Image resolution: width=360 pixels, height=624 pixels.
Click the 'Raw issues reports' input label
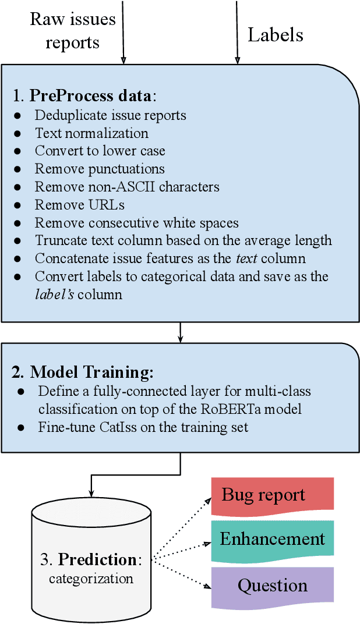[x=72, y=31]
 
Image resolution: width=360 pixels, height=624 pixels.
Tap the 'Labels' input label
[x=275, y=35]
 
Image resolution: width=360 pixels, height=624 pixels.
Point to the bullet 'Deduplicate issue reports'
[x=110, y=115]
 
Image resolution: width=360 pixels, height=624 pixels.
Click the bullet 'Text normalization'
[x=91, y=133]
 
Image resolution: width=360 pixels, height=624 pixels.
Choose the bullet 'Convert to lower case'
[x=100, y=151]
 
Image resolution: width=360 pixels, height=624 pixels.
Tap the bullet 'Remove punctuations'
[x=100, y=169]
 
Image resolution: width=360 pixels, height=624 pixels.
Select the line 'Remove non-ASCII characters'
[x=127, y=187]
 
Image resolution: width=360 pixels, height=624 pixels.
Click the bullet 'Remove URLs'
[x=79, y=205]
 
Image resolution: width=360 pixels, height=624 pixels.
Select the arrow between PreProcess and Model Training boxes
[x=181, y=332]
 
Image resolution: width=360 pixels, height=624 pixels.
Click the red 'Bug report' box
[x=272, y=495]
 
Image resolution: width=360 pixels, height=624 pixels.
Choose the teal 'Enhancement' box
[x=272, y=538]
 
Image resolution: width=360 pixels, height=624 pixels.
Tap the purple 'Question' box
[x=272, y=585]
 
